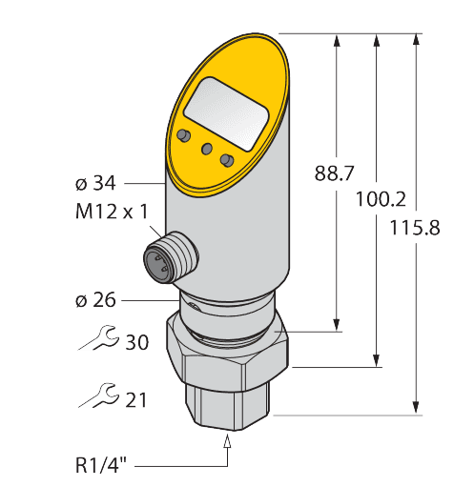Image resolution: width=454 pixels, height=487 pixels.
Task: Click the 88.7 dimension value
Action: coord(335,173)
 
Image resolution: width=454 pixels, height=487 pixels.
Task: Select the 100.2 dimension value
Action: coord(380,200)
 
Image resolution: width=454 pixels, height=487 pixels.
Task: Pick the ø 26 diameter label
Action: coord(95,299)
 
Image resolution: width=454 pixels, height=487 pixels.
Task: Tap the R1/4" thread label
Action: coord(104,466)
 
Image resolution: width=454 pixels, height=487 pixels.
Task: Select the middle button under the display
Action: coord(205,148)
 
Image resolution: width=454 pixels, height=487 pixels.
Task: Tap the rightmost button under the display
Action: coord(226,159)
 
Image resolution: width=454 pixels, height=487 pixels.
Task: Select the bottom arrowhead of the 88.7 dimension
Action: coord(337,326)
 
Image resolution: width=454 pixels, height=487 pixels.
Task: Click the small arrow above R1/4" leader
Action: coord(227,441)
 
